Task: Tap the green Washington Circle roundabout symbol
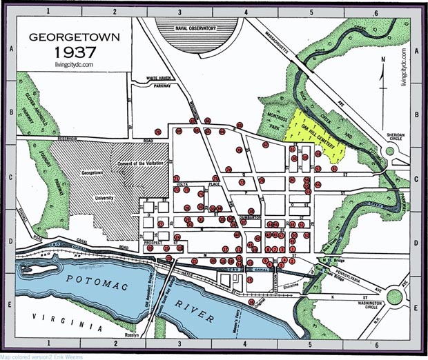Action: click(x=395, y=297)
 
